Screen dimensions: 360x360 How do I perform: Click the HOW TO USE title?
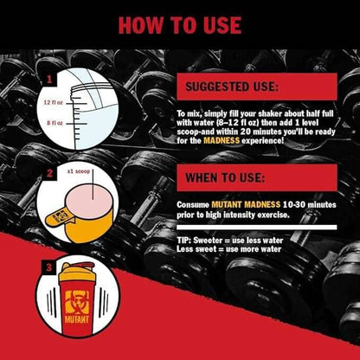tap(180, 25)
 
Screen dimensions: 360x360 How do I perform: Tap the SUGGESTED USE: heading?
tap(232, 87)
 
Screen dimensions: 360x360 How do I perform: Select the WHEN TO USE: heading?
tap(225, 177)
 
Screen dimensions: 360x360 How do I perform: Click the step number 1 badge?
tap(49, 79)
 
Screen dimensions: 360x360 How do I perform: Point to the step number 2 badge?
tap(49, 173)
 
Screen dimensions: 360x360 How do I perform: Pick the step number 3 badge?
tap(49, 267)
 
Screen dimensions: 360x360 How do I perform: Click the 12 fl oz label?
tap(53, 102)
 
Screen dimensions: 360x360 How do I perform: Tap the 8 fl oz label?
tap(55, 123)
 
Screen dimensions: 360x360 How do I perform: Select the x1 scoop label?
tap(79, 171)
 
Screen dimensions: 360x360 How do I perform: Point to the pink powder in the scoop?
tap(89, 198)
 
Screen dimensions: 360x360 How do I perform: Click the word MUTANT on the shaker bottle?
tap(77, 319)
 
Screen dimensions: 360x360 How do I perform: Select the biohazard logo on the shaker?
tap(77, 302)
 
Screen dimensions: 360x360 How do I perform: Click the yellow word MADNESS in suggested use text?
tap(222, 140)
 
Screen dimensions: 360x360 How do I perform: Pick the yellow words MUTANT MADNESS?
tap(246, 204)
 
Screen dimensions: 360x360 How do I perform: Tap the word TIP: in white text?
tap(183, 241)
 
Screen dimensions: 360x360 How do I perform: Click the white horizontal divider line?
tap(257, 228)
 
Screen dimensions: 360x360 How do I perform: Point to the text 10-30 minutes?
tap(310, 204)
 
